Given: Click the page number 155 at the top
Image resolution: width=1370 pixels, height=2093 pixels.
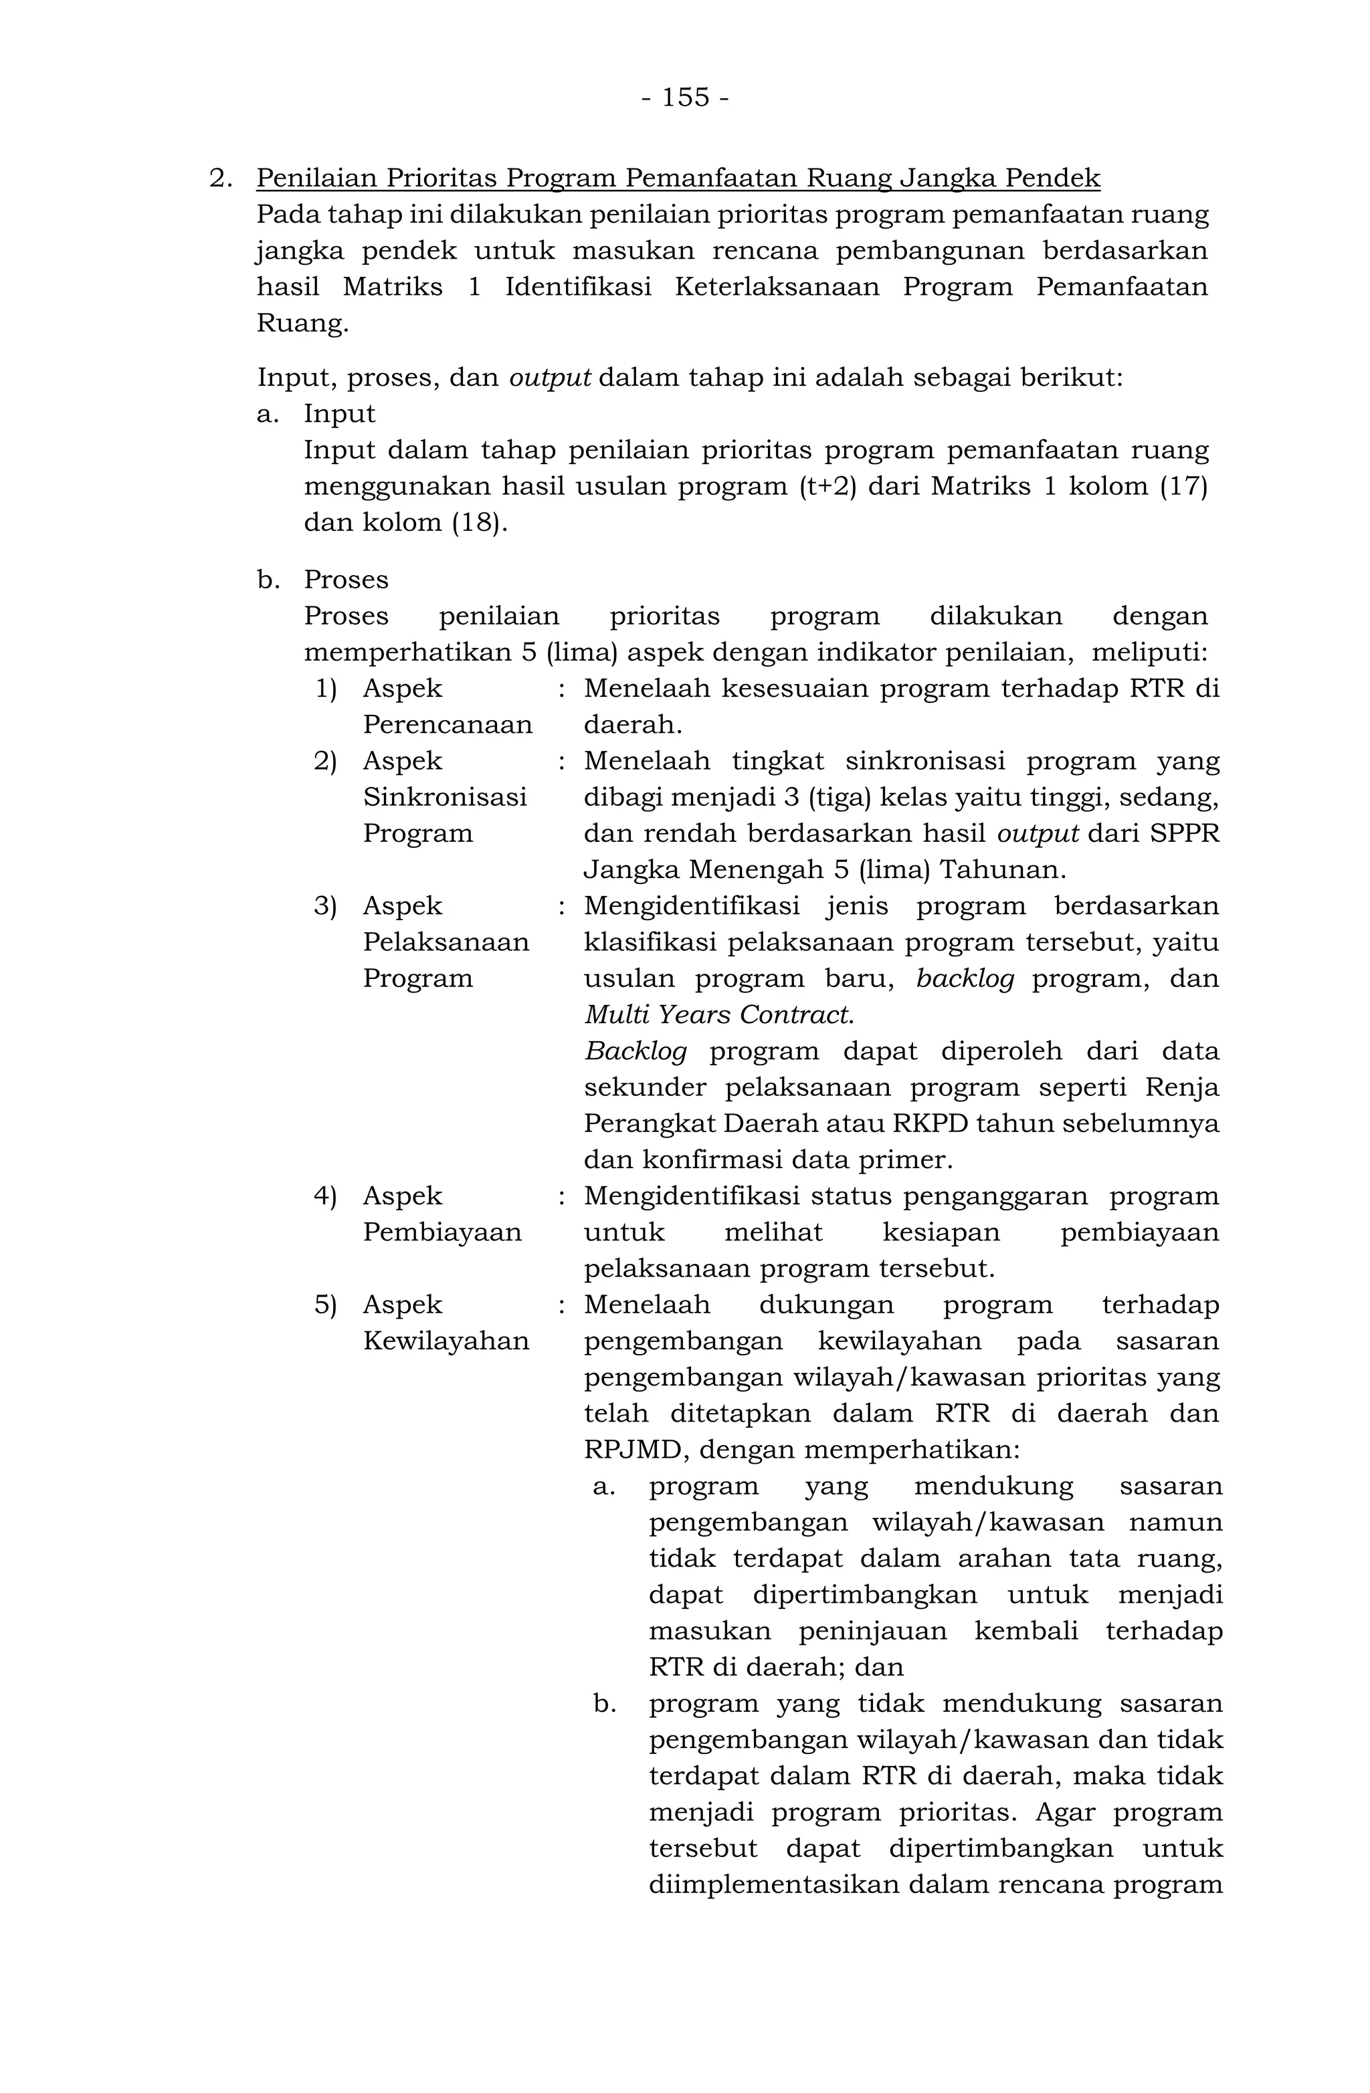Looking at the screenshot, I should click(x=684, y=97).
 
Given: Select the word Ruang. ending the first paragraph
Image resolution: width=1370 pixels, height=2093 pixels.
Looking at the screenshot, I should click(x=302, y=324).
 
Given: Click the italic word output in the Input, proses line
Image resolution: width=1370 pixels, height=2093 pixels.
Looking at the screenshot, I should click(x=550, y=378).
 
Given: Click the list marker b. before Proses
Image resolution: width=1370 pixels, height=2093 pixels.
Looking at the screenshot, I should click(x=268, y=580).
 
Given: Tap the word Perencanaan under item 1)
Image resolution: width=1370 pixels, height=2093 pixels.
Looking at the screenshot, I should click(x=447, y=725).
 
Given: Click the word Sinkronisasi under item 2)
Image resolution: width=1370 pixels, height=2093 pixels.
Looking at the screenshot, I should click(x=444, y=797).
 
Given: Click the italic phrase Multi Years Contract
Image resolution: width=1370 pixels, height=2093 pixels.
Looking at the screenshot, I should click(x=718, y=1015).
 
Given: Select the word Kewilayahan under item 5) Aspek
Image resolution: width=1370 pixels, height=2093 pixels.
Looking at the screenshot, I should click(x=446, y=1341).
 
